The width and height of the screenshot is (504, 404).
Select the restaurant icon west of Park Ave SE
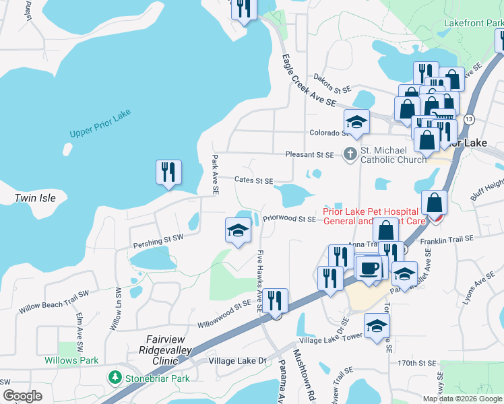tap(168, 172)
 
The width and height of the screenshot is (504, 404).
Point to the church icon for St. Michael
tap(350, 154)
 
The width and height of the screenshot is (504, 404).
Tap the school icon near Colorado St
tap(356, 122)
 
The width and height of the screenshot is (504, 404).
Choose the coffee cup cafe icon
tap(368, 267)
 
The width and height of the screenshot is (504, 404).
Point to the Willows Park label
tap(71, 360)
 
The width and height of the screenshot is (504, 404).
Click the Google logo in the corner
tap(22, 396)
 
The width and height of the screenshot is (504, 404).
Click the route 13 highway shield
tap(469, 119)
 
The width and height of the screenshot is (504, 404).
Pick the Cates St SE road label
tap(253, 180)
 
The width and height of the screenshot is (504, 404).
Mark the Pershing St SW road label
tap(158, 238)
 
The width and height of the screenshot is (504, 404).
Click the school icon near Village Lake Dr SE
tap(377, 327)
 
